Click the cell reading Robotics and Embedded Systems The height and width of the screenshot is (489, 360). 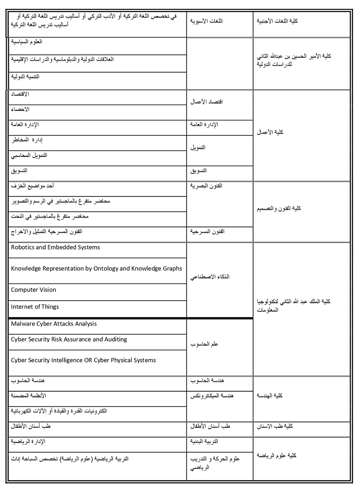[x=55, y=247]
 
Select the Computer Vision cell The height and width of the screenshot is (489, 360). [x=34, y=290]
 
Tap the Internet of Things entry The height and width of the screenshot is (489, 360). [x=35, y=307]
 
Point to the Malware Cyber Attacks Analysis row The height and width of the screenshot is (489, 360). [x=54, y=324]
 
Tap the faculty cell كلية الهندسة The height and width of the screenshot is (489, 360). [x=269, y=395]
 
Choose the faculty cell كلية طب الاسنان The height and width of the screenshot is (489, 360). [x=275, y=426]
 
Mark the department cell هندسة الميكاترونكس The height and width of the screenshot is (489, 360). [x=212, y=395]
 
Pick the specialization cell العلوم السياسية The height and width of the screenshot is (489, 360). [x=27, y=42]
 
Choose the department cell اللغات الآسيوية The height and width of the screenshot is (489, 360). [x=207, y=20]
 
